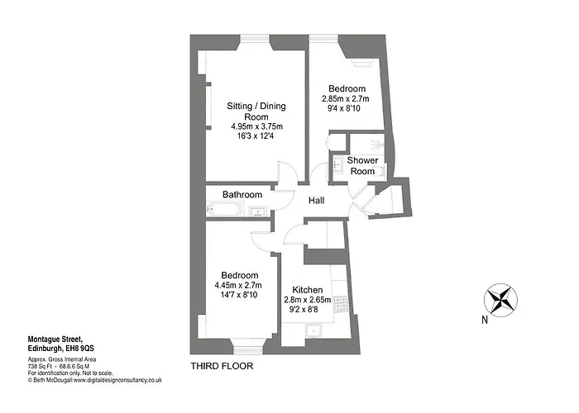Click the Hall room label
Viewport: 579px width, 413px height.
click(317, 200)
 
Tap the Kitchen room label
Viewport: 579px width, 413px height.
click(307, 290)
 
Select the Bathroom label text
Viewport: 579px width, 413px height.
click(242, 194)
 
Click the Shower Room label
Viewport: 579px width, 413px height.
click(362, 165)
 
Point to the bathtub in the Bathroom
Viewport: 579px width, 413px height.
click(224, 210)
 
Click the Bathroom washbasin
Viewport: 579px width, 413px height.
click(258, 211)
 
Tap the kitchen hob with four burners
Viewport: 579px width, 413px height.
click(341, 304)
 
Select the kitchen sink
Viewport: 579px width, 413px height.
click(313, 330)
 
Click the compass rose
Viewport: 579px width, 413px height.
click(500, 300)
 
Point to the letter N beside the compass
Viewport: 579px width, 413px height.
click(485, 320)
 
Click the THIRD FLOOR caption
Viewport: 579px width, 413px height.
click(222, 366)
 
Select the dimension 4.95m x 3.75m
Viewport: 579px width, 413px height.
click(256, 126)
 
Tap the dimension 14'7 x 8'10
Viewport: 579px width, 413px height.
click(238, 295)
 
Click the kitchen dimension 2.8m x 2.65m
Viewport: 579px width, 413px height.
click(307, 300)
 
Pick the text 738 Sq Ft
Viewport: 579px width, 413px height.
click(38, 367)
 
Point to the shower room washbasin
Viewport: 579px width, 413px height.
click(337, 164)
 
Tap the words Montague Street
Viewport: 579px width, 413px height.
click(55, 339)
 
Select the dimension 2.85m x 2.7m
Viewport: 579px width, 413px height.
click(346, 99)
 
